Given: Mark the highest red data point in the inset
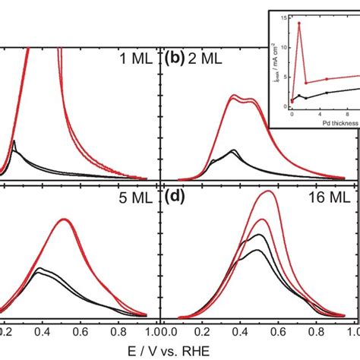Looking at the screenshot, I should click(298, 24).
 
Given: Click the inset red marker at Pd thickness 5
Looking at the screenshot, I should click(327, 79).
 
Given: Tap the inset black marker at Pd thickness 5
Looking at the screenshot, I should click(327, 93).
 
